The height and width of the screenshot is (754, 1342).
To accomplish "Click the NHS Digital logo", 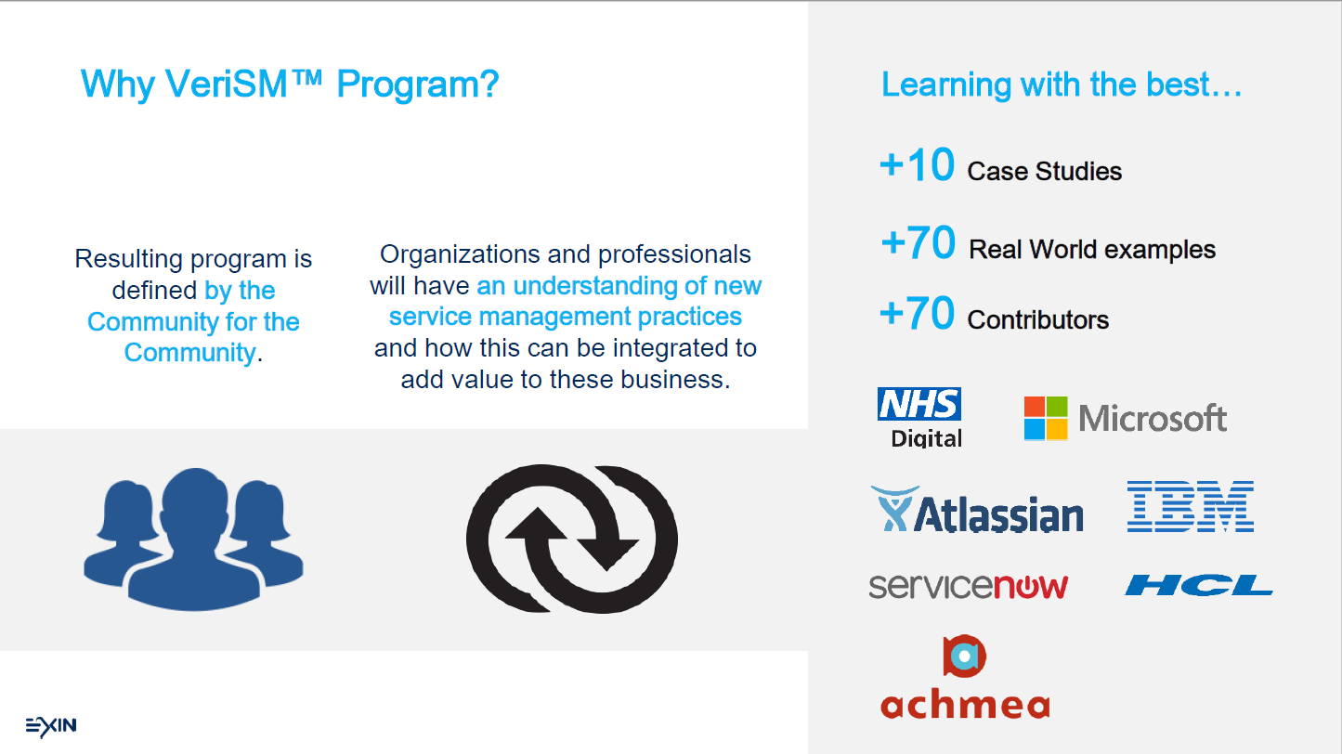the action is click(919, 418).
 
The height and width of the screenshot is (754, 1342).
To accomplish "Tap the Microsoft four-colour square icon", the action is click(1046, 418).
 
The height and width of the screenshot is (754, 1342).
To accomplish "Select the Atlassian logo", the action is click(976, 510).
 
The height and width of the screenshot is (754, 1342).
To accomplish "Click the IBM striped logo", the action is click(1191, 506).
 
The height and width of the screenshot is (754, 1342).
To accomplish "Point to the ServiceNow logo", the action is click(968, 586).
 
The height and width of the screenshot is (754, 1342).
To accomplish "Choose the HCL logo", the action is click(1199, 585).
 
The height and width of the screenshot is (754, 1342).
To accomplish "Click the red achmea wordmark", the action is click(965, 703).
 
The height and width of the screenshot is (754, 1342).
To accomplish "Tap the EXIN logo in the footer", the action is click(51, 726).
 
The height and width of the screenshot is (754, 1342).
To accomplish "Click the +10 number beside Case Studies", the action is click(917, 164).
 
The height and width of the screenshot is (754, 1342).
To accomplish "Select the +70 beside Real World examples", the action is click(918, 242).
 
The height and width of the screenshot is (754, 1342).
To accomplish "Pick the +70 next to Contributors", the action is click(917, 313).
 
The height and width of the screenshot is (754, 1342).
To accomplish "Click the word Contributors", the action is click(1037, 319).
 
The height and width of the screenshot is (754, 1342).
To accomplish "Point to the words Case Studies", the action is click(1044, 171).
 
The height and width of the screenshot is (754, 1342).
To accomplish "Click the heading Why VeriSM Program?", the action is click(290, 84).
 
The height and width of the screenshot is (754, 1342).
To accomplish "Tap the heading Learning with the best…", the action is click(1062, 84).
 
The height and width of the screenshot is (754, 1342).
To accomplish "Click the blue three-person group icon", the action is click(193, 539).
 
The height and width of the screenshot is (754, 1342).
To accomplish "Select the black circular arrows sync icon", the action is click(572, 539).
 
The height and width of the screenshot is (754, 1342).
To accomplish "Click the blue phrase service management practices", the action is click(566, 317).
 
